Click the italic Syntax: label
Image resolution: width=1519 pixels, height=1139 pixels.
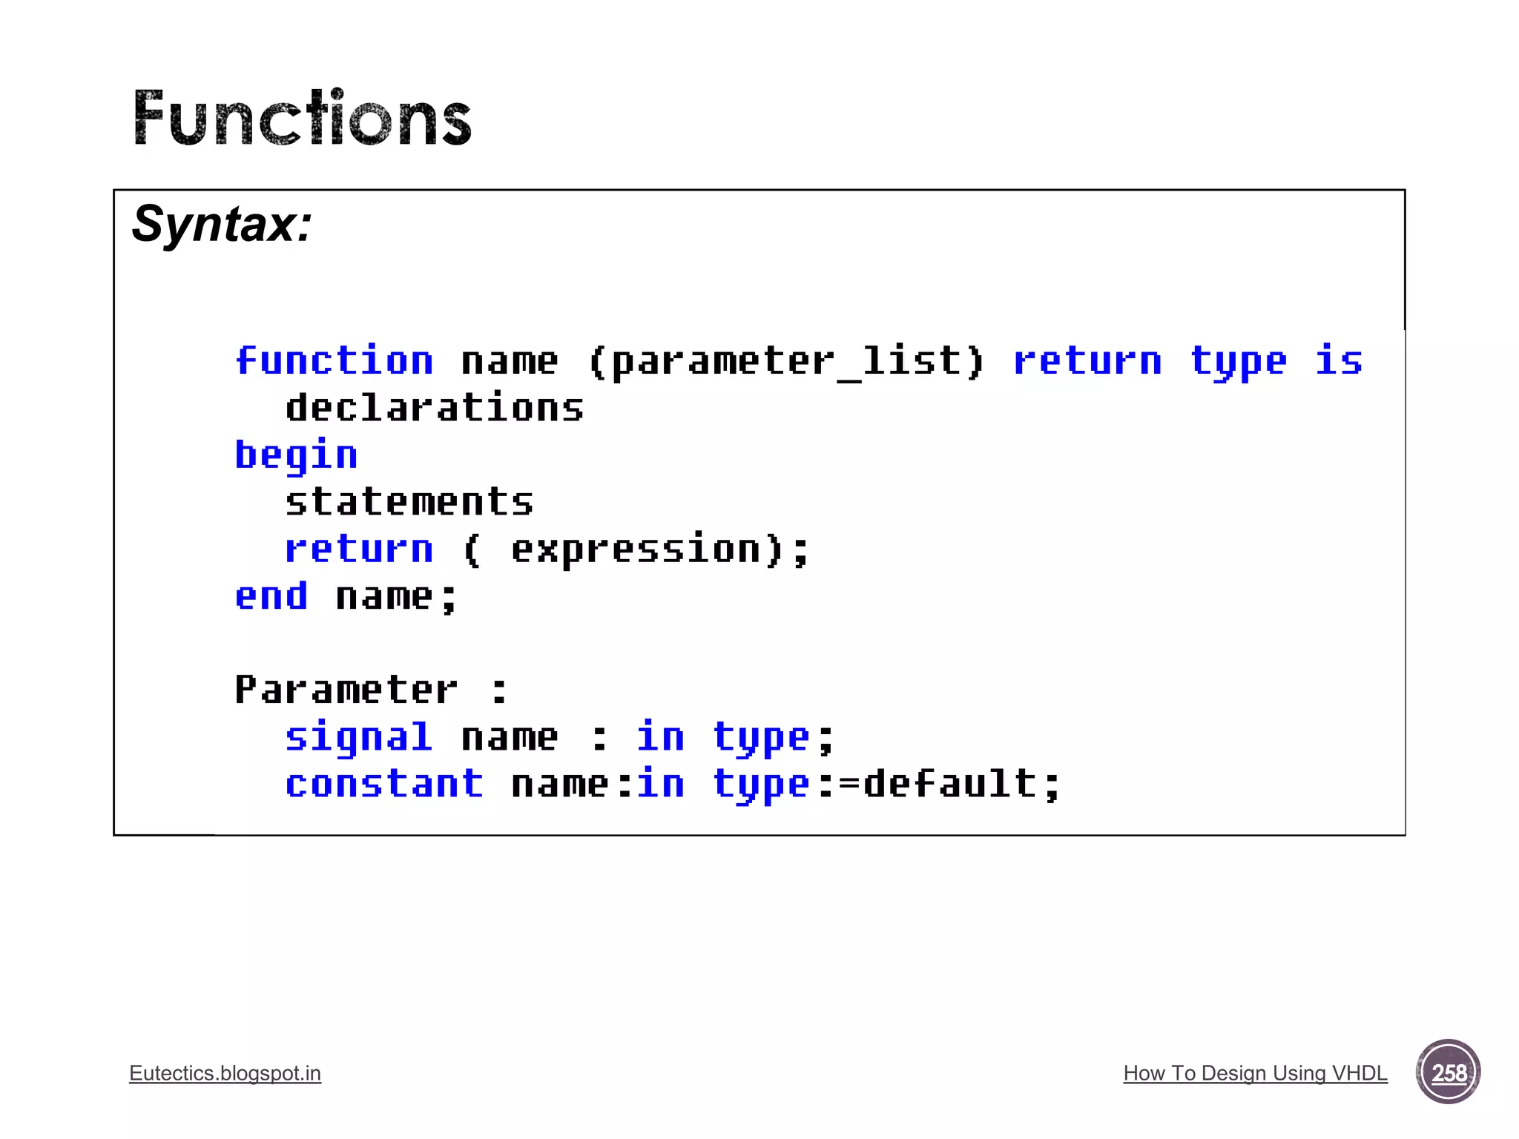tap(222, 224)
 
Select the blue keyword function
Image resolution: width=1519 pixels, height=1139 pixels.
tap(334, 361)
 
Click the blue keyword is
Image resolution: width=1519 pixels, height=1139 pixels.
tap(1339, 361)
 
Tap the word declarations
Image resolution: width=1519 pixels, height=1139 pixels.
tap(435, 409)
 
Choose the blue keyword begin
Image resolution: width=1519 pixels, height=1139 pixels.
tap(296, 455)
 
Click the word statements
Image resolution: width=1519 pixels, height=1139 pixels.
tap(409, 502)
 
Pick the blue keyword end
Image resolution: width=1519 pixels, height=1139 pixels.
tap(271, 596)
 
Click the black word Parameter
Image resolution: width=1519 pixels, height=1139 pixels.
tap(346, 690)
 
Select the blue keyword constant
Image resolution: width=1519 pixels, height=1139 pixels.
tap(384, 785)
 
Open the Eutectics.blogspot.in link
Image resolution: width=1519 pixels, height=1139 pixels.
tap(225, 1073)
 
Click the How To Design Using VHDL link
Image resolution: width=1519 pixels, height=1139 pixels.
tap(1255, 1073)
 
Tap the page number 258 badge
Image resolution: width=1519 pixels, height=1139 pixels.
tap(1448, 1072)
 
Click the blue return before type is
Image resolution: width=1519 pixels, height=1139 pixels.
tap(1087, 361)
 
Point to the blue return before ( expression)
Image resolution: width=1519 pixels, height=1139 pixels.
tap(359, 549)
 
